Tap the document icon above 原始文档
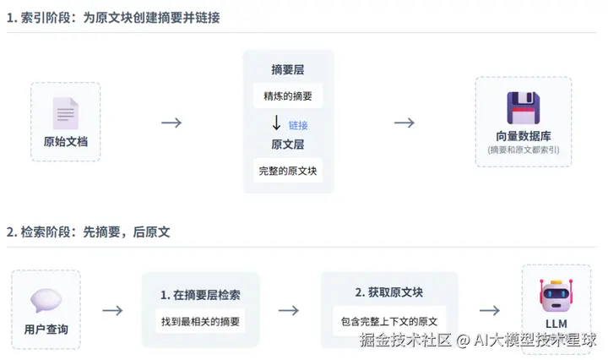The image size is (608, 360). click(x=66, y=113)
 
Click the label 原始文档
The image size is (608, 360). click(x=66, y=141)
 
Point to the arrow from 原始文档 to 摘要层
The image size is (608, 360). click(x=171, y=123)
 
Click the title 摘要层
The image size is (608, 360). click(x=288, y=69)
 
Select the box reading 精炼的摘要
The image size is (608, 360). click(x=288, y=95)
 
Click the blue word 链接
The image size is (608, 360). click(x=298, y=125)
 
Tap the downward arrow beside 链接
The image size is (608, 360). click(x=276, y=123)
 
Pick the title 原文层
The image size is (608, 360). click(x=288, y=145)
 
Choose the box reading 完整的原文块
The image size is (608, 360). click(x=288, y=171)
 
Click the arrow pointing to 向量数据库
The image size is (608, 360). click(x=404, y=123)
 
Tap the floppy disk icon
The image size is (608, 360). click(x=524, y=109)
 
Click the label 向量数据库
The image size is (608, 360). click(x=524, y=136)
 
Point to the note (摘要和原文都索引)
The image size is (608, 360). click(x=524, y=150)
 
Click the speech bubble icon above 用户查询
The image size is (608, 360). click(x=46, y=301)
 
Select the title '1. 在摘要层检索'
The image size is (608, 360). click(x=200, y=295)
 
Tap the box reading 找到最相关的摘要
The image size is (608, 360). click(x=200, y=321)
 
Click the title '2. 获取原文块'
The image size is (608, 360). click(x=389, y=292)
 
